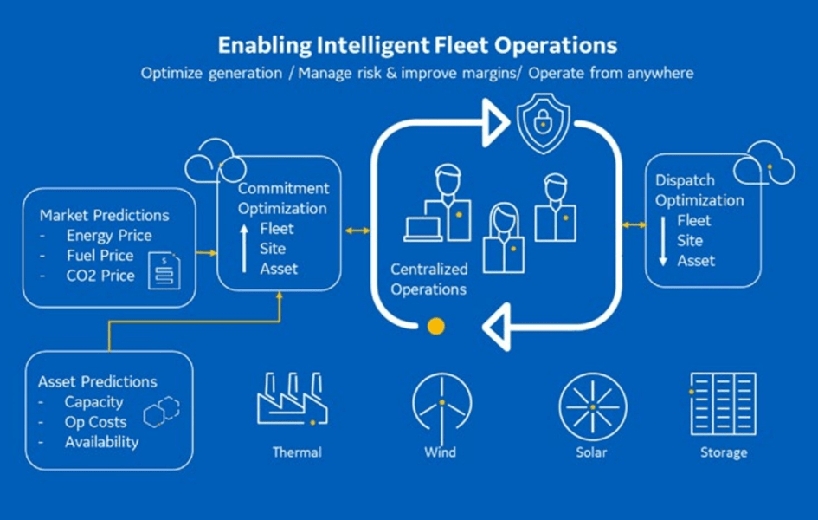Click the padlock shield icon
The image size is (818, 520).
pos(543,123)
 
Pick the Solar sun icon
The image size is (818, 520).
pos(593,406)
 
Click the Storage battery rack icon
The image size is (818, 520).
pos(723,404)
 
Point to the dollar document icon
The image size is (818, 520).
pos(164,270)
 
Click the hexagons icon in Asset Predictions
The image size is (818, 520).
pos(162,412)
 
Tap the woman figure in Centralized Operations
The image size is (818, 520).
pos(504,238)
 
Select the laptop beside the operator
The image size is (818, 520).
pos(423,230)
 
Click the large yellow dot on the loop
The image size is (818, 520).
pos(436,327)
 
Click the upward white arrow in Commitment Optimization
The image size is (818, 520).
pos(244,249)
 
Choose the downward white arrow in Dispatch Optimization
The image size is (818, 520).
pos(663,241)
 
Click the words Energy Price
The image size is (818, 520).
pos(109,236)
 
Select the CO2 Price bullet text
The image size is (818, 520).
pos(100,276)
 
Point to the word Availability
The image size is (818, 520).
pos(102,442)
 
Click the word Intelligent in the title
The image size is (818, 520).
pos(373,46)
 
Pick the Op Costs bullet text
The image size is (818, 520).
pos(95,422)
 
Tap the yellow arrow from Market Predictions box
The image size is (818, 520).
pos(207,253)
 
